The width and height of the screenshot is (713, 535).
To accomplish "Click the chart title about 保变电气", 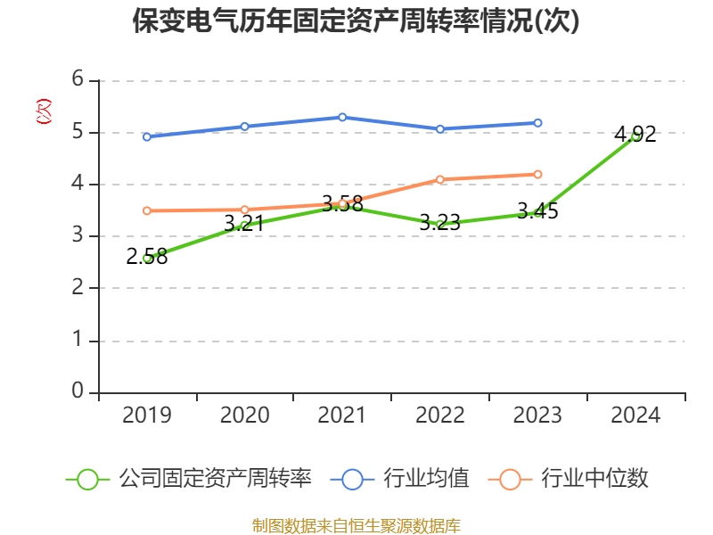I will coord(356,21).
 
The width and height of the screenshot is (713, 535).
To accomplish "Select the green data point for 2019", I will coord(147,258).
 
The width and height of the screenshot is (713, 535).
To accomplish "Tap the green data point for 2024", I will coord(635,136).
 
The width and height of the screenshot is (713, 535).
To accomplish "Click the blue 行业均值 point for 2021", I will coord(342,117).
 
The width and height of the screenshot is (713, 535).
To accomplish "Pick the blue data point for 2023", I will coord(537,123).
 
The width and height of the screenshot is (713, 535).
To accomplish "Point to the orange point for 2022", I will coord(439,179).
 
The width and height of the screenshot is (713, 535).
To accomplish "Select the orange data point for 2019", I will coord(147,210).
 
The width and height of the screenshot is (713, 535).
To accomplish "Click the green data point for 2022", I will coord(439,225).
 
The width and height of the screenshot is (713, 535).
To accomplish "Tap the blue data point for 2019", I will coord(147,136).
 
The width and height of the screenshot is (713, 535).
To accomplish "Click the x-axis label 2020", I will coord(244,415).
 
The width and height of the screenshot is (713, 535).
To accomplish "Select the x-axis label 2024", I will coord(635,415).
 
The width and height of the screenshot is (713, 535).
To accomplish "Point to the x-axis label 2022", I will coord(439,415).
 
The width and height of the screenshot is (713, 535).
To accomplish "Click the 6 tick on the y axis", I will coord(78,79).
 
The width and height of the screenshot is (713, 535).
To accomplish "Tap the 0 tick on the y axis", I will coord(78,391).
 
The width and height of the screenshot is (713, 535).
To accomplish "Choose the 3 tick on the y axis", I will coord(78,235).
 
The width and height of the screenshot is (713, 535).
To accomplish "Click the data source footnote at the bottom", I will coord(356,525).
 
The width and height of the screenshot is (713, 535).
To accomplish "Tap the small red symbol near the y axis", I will coord(43,111).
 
